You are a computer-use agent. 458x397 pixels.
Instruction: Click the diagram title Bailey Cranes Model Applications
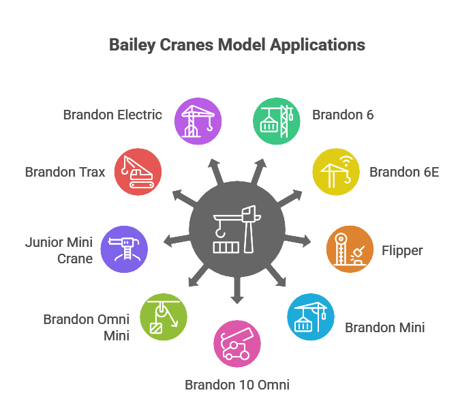(237, 46)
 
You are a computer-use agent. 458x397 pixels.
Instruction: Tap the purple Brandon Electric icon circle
(198, 121)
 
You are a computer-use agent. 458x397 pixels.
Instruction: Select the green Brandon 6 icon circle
(276, 121)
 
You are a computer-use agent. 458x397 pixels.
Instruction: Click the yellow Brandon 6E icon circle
(335, 171)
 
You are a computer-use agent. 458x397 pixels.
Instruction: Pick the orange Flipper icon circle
(350, 250)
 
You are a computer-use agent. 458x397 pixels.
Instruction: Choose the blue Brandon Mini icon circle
(311, 317)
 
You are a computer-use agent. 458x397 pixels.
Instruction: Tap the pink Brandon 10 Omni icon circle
(236, 344)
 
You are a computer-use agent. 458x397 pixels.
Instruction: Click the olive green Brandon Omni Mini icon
(163, 317)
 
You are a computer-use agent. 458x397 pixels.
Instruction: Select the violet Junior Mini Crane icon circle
(124, 250)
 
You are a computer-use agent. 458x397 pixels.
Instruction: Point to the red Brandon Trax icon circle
(138, 171)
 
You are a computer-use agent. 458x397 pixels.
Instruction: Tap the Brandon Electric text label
(112, 115)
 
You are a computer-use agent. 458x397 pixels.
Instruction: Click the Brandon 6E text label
(404, 172)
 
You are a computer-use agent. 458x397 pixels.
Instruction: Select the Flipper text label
(402, 250)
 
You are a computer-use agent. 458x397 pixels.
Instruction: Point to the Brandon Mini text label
(384, 327)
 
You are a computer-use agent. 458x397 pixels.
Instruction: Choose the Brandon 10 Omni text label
(237, 385)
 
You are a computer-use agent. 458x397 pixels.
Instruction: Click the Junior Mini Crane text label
(59, 250)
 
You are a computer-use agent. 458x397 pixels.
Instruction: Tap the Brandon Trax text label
(65, 172)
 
